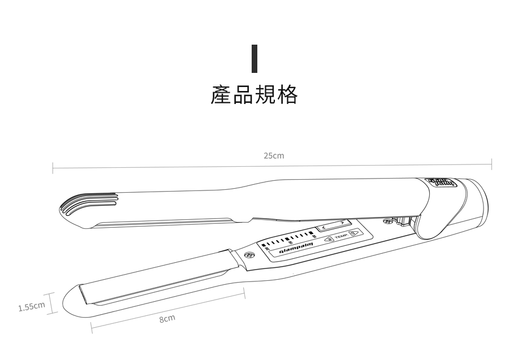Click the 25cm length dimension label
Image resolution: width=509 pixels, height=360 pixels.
tap(274, 155)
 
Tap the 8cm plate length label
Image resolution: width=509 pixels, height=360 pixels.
tap(167, 319)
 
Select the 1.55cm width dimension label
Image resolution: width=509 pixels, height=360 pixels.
tap(31, 307)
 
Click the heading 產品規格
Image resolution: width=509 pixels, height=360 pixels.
tap(254, 95)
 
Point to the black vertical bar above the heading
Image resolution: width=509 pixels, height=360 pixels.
tap(255, 59)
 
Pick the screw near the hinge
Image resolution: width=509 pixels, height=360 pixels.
tap(387, 222)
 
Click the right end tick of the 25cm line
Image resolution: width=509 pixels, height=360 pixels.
tap(491, 164)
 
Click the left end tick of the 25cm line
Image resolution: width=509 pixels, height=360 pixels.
tap(53, 167)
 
